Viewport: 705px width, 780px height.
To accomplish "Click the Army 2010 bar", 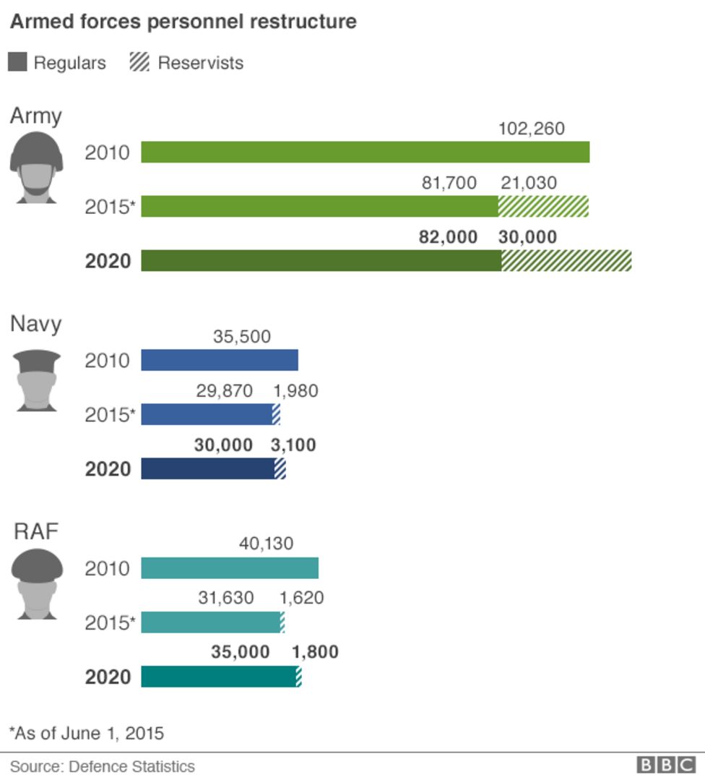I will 365,153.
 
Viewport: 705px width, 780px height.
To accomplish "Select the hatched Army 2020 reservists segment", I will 566,261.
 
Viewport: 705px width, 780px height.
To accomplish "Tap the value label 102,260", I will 532,129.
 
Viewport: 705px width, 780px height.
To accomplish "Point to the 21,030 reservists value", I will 529,183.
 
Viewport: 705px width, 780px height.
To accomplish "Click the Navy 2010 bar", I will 219,360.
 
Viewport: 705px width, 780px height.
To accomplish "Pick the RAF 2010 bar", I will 229,568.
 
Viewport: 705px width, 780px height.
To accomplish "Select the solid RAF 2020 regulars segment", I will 217,677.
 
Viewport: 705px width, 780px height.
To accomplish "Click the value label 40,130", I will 266,543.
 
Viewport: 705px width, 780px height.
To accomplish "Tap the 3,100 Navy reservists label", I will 293,445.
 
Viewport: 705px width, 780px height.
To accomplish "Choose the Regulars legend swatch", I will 17,62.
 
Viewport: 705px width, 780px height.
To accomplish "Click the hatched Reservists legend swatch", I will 139,62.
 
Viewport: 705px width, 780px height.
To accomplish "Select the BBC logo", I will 665,766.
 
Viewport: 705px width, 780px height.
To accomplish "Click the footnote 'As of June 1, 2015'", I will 87,733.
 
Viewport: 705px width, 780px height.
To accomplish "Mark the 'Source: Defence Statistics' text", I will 102,766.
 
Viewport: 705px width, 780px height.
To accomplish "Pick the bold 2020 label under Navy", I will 108,469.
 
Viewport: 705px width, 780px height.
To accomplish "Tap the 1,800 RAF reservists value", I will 315,652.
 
